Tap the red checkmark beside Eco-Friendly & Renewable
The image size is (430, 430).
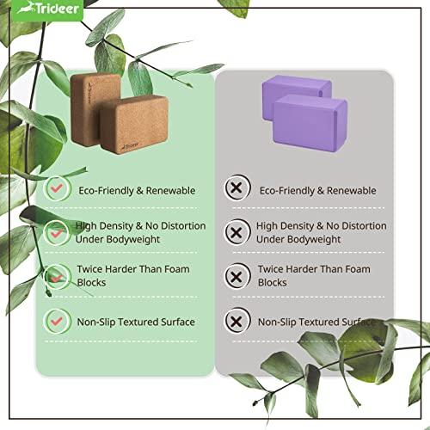[x=56, y=187]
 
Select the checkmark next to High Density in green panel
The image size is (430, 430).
[x=56, y=231]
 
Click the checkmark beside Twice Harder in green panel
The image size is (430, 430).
[x=56, y=275]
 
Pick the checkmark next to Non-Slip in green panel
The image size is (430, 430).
[x=56, y=321]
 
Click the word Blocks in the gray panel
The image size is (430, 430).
[x=273, y=282]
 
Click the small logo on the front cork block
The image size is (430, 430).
[x=113, y=146]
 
